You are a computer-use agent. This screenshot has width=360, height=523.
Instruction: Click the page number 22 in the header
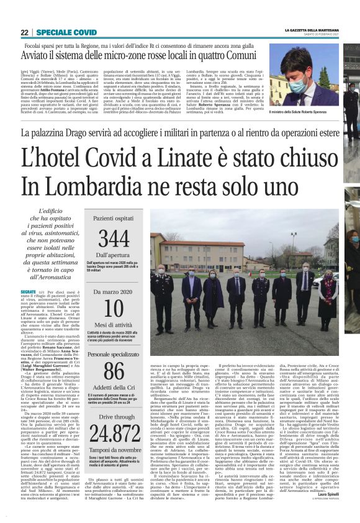pos(24,32)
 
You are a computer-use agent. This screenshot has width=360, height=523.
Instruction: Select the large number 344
pos(114,238)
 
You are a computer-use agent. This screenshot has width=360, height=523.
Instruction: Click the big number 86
pos(114,370)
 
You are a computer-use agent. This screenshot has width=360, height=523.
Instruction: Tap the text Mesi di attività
pos(114,325)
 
